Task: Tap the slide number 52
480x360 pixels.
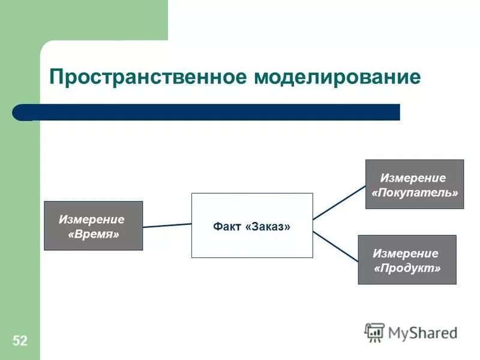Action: click(x=20, y=341)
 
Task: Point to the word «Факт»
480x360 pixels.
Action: click(x=227, y=227)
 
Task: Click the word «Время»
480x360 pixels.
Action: click(x=94, y=234)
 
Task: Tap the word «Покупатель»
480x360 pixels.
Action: click(x=415, y=193)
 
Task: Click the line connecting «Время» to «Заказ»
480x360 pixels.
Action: click(x=167, y=225)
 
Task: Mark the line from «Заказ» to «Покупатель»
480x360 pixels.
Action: click(x=339, y=202)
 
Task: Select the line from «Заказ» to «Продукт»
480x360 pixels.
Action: click(x=336, y=246)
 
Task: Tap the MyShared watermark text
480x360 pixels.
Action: click(x=422, y=332)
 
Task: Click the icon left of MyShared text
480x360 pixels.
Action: click(x=374, y=332)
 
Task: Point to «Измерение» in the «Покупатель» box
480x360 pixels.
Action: click(x=413, y=178)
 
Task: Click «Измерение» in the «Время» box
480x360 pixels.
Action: click(x=92, y=220)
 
